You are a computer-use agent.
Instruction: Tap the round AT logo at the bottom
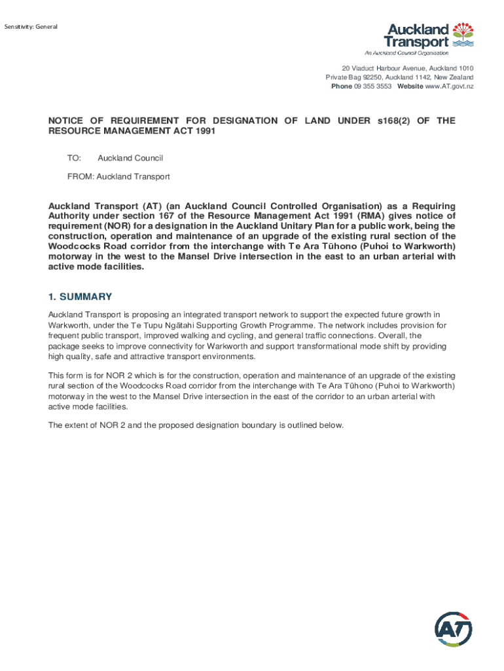click(454, 630)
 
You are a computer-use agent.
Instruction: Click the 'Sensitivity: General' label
click(31, 27)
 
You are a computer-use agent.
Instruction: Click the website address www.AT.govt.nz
click(449, 86)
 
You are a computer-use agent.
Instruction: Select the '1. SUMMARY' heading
click(80, 296)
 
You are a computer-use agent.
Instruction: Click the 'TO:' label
click(74, 158)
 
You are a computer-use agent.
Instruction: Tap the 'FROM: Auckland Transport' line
click(118, 176)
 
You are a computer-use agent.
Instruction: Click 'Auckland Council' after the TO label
click(130, 158)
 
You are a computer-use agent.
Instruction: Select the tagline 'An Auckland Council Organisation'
click(406, 52)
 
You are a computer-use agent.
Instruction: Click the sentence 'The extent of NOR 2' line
click(196, 425)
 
